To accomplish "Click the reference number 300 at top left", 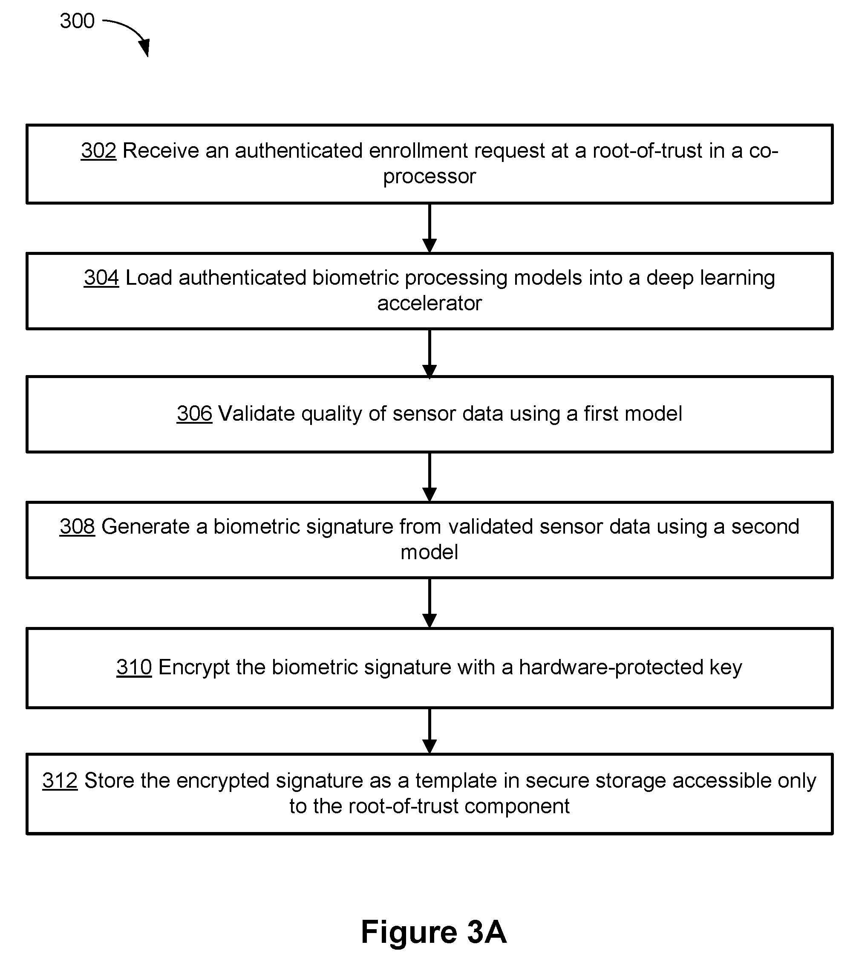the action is [78, 21].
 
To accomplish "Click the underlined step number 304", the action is [101, 277].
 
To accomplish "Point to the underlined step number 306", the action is [194, 413].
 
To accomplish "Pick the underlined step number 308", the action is [78, 526].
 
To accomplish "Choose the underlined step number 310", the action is [134, 667].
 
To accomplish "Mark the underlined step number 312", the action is [60, 780].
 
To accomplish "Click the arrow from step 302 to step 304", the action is [429, 228].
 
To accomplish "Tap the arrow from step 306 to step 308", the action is [429, 477].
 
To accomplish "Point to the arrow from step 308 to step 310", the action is [429, 603].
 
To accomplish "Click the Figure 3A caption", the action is [434, 932].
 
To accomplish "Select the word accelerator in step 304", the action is [429, 303].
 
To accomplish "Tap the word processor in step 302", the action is [429, 176].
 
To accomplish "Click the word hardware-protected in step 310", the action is [611, 667].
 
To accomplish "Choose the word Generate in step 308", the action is [145, 526].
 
